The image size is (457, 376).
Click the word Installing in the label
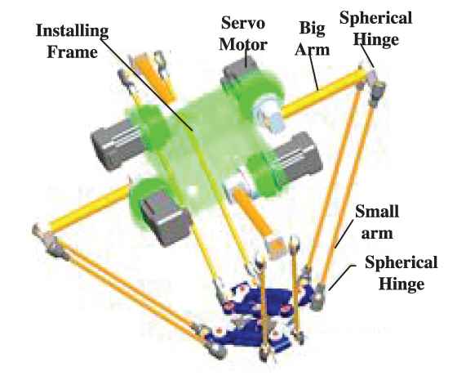[x=73, y=31]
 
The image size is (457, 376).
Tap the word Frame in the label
[x=73, y=52]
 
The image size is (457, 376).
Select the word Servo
[x=243, y=23]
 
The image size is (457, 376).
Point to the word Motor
[x=243, y=44]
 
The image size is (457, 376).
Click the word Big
[x=312, y=29]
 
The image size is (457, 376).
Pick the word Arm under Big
[x=312, y=50]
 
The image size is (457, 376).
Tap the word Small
[x=377, y=211]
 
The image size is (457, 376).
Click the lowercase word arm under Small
[x=377, y=234]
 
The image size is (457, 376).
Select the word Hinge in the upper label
[x=376, y=39]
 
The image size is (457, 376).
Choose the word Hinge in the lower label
[x=402, y=283]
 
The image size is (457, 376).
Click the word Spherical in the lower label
[x=402, y=262]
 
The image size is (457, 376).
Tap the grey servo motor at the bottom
[x=164, y=217]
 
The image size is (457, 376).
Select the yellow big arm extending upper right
[x=323, y=93]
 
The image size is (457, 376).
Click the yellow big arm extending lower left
[x=89, y=208]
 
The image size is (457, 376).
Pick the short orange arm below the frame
[x=253, y=213]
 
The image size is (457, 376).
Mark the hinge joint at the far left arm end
[x=50, y=242]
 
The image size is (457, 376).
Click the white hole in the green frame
[x=192, y=190]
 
